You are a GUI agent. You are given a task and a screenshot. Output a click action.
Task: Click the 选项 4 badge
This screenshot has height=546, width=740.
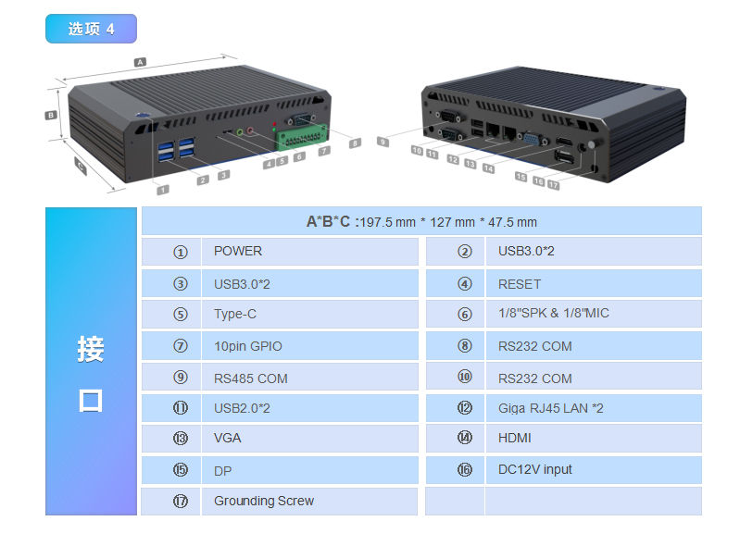(91, 29)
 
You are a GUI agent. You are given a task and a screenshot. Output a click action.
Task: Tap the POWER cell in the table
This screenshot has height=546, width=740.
(309, 252)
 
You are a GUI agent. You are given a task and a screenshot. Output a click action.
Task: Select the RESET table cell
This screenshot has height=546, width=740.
(594, 284)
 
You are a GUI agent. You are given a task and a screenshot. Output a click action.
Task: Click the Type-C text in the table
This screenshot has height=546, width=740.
(235, 314)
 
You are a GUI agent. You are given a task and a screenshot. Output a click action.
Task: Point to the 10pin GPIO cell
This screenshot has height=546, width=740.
(309, 346)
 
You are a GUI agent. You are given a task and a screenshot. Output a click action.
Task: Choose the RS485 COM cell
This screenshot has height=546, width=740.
(309, 378)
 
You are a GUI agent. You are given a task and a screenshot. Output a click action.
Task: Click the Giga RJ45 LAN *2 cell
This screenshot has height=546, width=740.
(594, 408)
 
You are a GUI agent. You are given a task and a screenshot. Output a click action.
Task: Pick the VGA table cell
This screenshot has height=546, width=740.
(309, 439)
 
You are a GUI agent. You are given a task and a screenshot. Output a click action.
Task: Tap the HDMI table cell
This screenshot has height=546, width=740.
(594, 439)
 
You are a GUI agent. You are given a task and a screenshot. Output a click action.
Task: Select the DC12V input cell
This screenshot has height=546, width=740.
(594, 470)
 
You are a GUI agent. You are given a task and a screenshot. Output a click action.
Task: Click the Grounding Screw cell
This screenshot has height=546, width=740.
(309, 502)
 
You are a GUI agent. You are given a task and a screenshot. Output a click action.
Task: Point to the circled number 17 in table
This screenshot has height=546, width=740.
(181, 501)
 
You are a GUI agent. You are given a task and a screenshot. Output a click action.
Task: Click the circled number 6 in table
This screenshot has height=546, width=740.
(465, 314)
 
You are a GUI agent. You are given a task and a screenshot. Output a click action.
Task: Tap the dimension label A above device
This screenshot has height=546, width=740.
(140, 62)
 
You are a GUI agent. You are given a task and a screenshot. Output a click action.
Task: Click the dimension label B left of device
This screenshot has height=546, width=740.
(51, 115)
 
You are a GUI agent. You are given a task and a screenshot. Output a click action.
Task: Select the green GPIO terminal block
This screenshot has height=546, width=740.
(302, 137)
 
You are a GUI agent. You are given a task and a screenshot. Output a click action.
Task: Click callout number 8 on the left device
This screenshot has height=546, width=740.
(355, 143)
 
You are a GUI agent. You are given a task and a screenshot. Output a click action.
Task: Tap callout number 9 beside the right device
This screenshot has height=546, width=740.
(383, 142)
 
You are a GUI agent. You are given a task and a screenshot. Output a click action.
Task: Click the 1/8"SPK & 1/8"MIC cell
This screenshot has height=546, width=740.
(594, 314)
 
